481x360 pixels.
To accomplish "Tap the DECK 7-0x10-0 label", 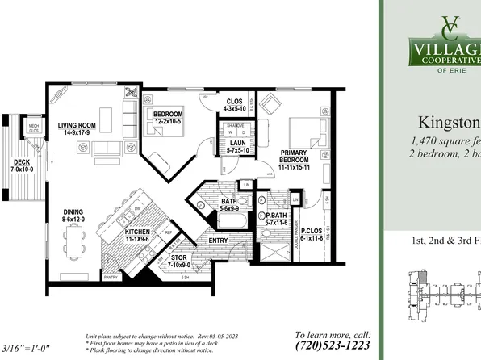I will point(22,165).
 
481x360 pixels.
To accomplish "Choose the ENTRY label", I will point(218,240).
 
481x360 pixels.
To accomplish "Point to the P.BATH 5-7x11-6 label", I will point(272,220).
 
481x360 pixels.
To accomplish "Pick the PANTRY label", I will point(111,277).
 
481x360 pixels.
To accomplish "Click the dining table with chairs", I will point(75,245).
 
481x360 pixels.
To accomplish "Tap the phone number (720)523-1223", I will point(333,345).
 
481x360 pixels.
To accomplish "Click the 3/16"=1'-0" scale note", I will point(27,349).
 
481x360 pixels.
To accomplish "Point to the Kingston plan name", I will point(449,123).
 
